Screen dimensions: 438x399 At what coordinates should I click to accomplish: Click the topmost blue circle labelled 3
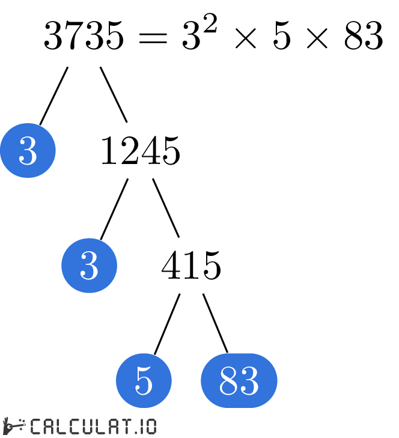[x=28, y=150]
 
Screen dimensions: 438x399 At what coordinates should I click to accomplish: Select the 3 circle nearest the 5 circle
[x=89, y=266]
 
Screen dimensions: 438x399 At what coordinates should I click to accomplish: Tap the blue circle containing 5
[x=144, y=380]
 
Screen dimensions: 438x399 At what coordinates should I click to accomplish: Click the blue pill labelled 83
[x=239, y=380]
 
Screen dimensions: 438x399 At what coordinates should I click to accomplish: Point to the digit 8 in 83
[x=229, y=380]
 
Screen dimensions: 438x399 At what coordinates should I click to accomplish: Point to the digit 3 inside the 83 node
[x=249, y=380]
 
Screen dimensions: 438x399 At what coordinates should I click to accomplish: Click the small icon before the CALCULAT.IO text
[x=14, y=426]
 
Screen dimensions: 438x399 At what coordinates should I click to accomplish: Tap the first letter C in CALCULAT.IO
[x=35, y=427]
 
